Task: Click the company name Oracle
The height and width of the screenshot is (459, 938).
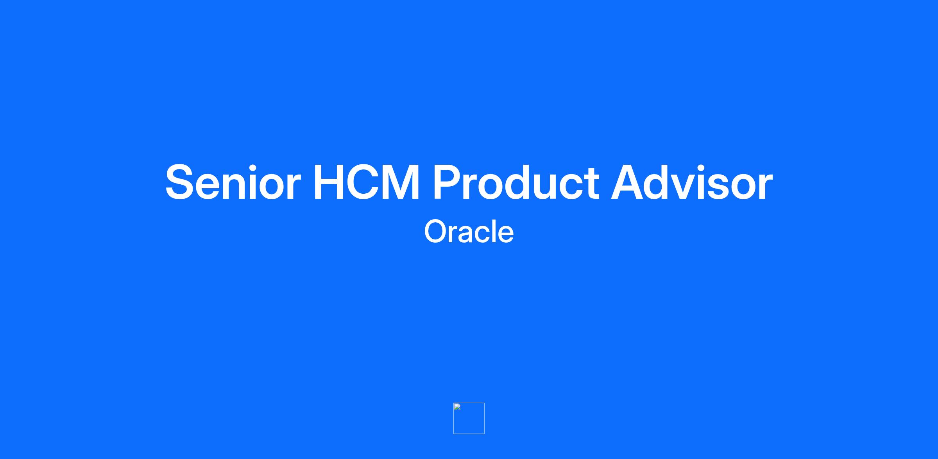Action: tap(469, 231)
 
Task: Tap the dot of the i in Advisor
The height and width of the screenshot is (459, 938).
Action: tap(711, 167)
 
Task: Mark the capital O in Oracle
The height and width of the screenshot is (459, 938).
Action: tap(437, 231)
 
